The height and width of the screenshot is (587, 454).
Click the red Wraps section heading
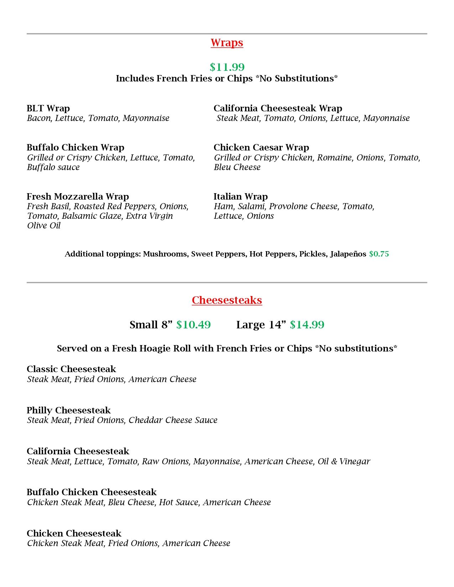227,43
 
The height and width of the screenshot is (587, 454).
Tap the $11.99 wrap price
227,67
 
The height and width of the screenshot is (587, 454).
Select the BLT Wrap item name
48,108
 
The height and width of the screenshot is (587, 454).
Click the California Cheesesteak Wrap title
278,108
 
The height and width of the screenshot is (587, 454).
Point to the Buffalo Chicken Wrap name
75,147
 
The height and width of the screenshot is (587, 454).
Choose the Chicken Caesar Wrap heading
261,147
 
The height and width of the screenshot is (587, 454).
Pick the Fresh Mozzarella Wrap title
78,196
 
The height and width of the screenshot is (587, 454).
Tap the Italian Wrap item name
241,196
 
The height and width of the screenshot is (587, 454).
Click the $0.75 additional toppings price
379,254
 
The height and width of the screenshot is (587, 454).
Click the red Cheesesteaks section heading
227,300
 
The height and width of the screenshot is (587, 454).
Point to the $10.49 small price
193,325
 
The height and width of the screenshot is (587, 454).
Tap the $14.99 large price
307,325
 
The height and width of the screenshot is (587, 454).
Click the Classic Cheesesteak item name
71,369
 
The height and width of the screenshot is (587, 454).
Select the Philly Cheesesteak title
69,410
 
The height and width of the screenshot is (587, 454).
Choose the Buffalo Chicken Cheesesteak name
92,492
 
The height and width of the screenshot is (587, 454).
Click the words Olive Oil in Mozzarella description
44,226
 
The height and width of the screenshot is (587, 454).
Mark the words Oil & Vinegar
344,461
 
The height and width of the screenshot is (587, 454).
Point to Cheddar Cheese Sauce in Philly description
173,420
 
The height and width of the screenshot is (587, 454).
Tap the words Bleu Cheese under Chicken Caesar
237,167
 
